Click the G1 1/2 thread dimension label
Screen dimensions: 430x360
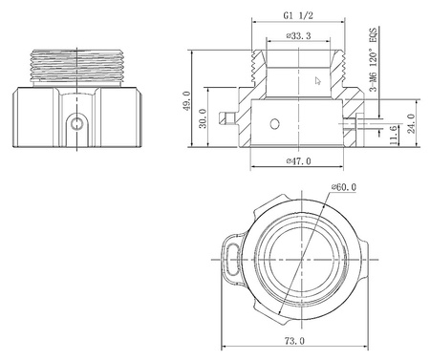(298, 16)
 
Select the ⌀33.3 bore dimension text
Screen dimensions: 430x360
(298, 35)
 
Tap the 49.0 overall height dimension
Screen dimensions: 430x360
(186, 100)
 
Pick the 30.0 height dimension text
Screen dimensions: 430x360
(203, 118)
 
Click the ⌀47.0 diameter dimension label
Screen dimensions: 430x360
(298, 161)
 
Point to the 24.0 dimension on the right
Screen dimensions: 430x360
(412, 123)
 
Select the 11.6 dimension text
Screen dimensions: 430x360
(394, 135)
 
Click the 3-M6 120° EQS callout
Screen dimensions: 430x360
(373, 59)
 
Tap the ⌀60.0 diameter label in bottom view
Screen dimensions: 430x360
(343, 187)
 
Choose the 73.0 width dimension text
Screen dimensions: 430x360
(294, 341)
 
